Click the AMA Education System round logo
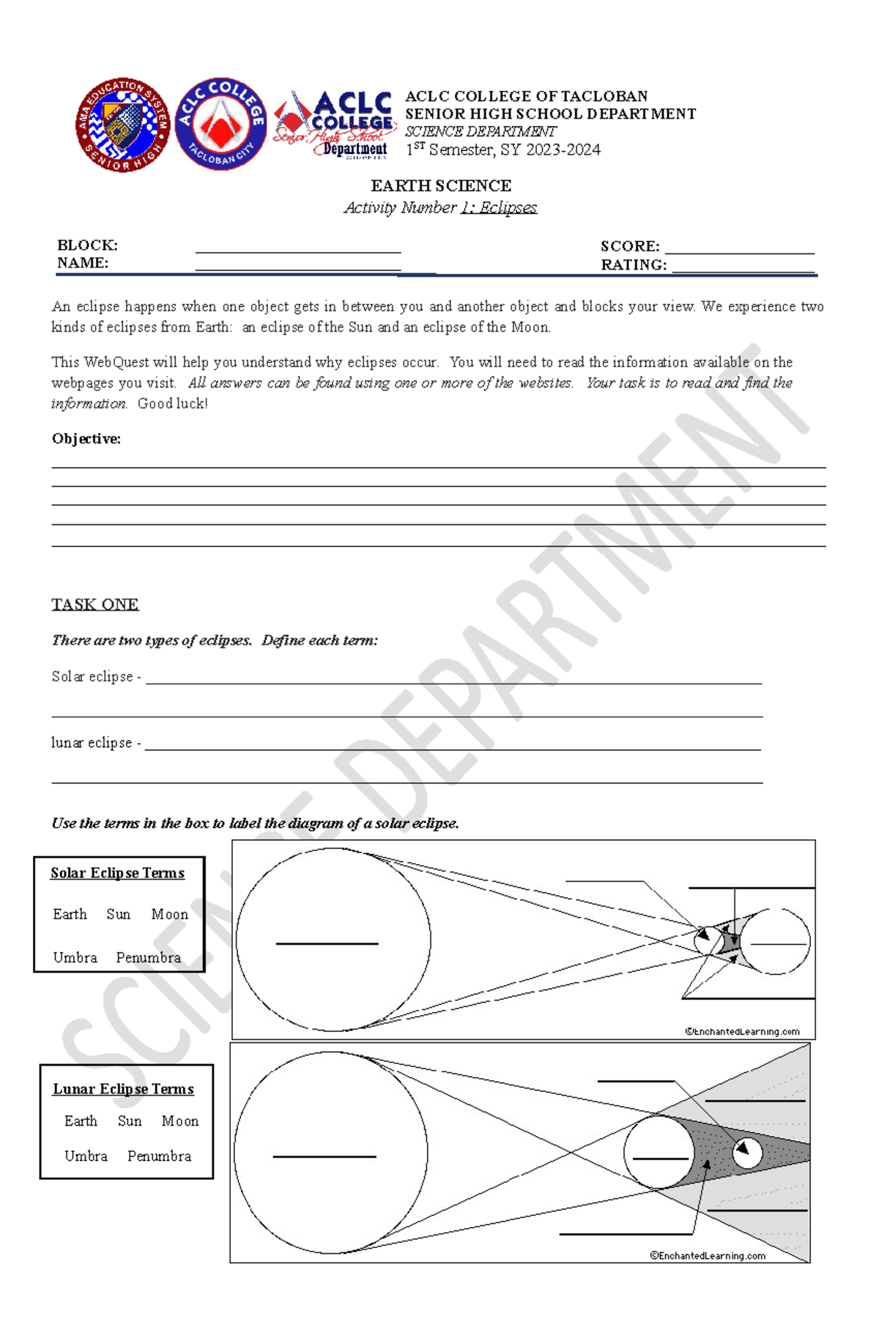click(123, 125)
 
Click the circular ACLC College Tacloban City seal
click(220, 125)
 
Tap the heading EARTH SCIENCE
click(440, 186)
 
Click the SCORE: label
click(630, 247)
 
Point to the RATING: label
click(634, 265)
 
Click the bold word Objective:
click(86, 439)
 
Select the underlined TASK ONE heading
click(95, 605)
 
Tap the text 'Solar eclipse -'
click(96, 677)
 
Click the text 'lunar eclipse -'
click(96, 743)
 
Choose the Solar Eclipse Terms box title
click(117, 873)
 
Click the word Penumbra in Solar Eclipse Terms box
click(148, 958)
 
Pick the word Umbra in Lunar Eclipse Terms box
click(86, 1156)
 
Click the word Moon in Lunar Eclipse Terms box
click(179, 1121)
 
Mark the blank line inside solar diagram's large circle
click(327, 943)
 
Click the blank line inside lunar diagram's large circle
click(324, 1156)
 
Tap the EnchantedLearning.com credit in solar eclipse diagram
click(742, 1032)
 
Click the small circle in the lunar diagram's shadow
click(747, 1153)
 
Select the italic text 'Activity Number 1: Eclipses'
click(440, 208)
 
